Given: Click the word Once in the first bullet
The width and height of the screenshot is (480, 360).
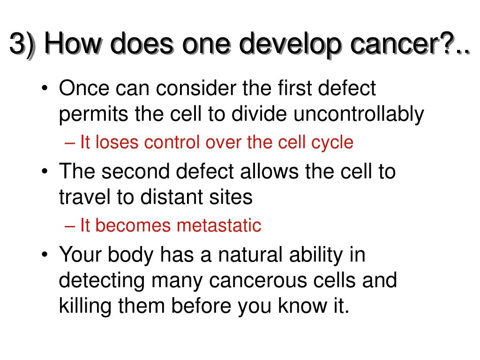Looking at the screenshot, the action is pyautogui.click(x=84, y=88).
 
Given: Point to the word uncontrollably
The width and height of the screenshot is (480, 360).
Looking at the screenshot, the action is pyautogui.click(x=359, y=114).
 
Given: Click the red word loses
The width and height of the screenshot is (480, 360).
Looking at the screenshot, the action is pyautogui.click(x=117, y=142).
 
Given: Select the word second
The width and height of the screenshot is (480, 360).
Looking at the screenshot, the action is pyautogui.click(x=135, y=171).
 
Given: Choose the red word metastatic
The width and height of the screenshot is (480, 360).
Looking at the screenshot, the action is pyautogui.click(x=219, y=225).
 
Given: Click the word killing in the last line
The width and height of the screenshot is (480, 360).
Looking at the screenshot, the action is pyautogui.click(x=85, y=306).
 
